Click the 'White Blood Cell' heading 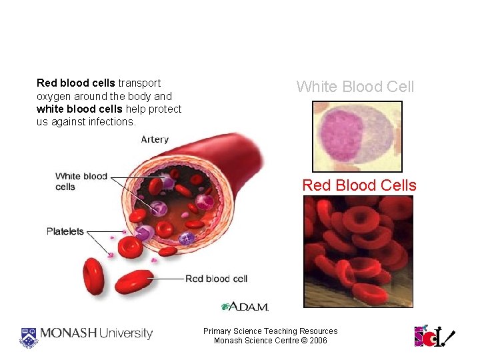coord(355,87)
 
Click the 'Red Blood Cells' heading coord(359,185)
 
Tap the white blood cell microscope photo coord(357,137)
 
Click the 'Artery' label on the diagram coord(155,140)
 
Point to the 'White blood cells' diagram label coord(81,181)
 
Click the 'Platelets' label coord(65,231)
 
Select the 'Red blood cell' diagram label coord(216,279)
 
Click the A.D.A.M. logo coord(245,307)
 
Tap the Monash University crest coord(29,336)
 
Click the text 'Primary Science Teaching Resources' coord(270,331)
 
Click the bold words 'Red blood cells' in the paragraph coord(76,83)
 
